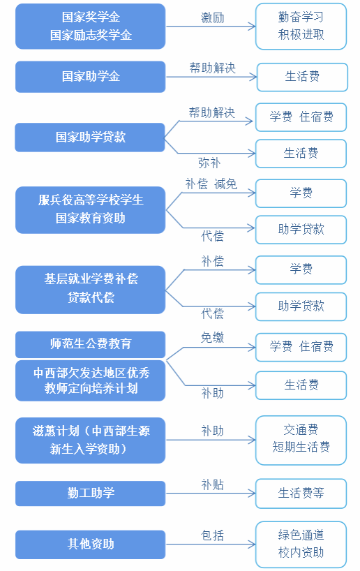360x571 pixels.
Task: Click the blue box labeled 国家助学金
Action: [90, 77]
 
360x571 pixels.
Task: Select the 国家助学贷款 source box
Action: [90, 138]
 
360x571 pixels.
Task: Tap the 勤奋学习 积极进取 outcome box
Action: [301, 27]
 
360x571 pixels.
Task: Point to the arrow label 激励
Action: [213, 17]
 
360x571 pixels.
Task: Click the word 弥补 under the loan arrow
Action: [209, 163]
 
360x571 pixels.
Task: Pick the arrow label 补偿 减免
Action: [211, 184]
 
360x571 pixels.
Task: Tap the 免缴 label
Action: [213, 338]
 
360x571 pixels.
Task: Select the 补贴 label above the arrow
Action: [213, 484]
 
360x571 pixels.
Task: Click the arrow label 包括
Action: [213, 535]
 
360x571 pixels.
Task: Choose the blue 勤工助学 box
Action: [90, 494]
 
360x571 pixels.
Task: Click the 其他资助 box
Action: [90, 544]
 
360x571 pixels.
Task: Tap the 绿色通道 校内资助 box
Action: [301, 544]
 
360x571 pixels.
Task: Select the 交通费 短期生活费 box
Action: [301, 440]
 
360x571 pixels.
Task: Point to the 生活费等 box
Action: [301, 494]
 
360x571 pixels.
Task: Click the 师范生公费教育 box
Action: [90, 344]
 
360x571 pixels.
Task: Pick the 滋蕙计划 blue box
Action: [90, 440]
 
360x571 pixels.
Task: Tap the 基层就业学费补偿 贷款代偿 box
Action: [90, 290]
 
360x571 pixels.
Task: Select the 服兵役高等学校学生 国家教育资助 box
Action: [90, 209]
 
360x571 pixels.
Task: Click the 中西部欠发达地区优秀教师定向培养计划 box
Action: [90, 380]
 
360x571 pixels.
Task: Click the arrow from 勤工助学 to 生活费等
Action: [211, 494]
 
